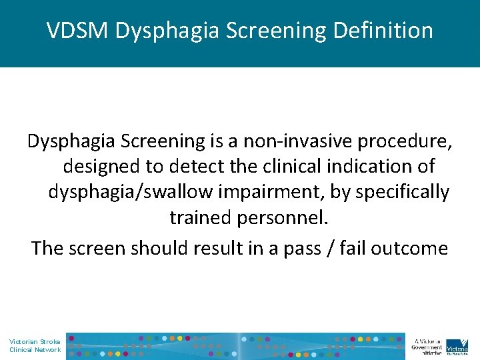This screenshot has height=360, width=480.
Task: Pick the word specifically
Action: point(403,192)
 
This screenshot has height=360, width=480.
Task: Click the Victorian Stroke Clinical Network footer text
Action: point(35,346)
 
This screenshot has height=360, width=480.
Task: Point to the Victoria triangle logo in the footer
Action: point(457,345)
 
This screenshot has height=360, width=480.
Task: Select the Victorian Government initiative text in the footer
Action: point(427,346)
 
